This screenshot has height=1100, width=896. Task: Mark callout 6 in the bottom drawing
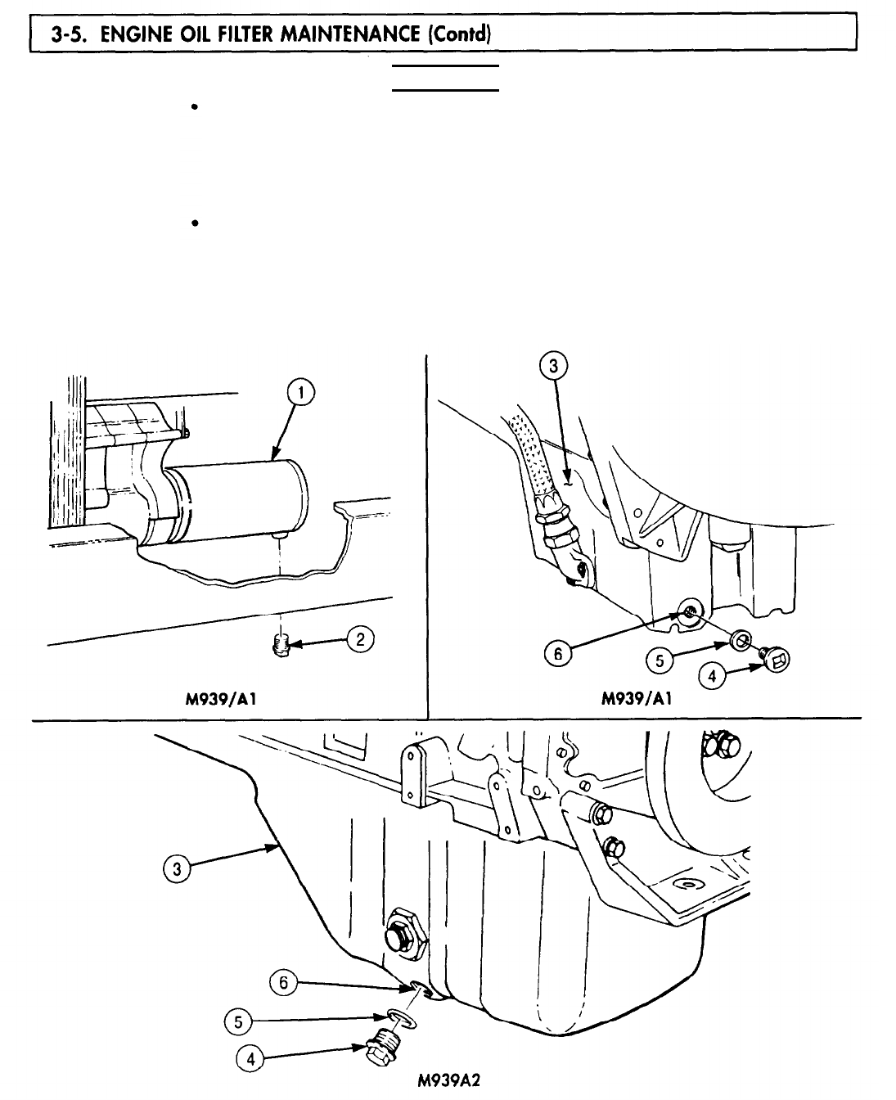[x=283, y=983]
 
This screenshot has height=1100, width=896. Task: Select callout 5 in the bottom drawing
[x=238, y=1021]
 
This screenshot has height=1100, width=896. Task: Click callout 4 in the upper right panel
[x=711, y=676]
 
